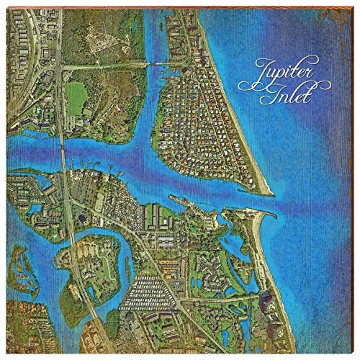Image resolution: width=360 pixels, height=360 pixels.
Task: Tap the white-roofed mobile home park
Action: point(147,293)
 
